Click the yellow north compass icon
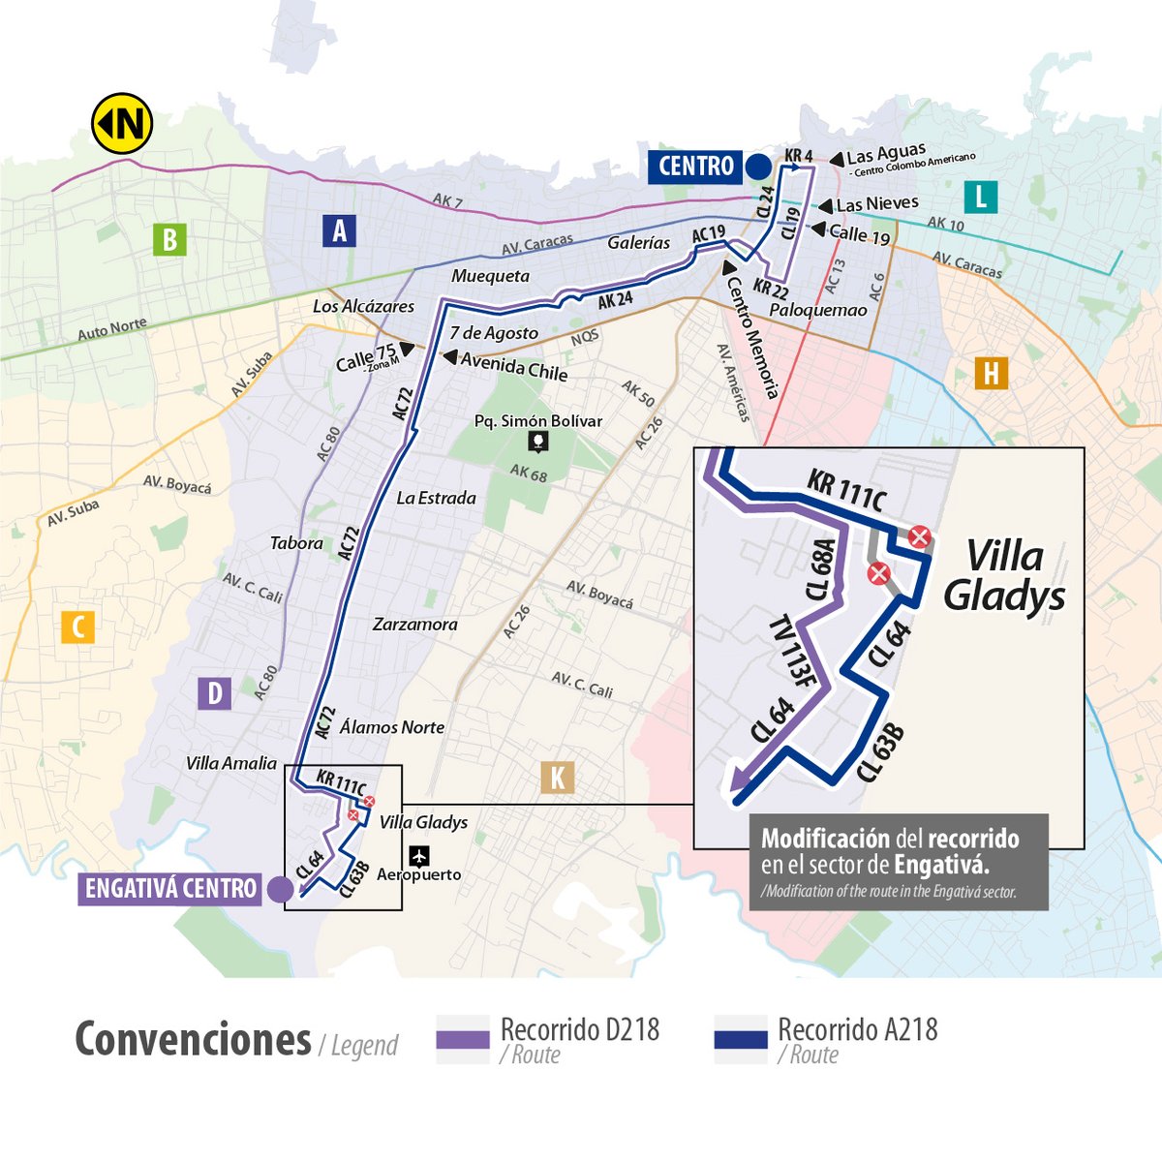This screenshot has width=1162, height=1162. click(122, 123)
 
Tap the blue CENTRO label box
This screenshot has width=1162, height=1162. click(695, 167)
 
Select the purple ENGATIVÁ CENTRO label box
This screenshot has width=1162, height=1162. click(170, 889)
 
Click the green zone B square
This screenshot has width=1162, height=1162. click(169, 239)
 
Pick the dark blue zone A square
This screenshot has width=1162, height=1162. click(339, 231)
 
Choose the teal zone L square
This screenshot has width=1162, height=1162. click(980, 198)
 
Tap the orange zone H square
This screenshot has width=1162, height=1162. click(991, 373)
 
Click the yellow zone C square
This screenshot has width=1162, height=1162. click(77, 627)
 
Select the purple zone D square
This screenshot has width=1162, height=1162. click(215, 693)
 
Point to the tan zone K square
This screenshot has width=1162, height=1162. click(558, 778)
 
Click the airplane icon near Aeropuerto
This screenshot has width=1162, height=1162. click(419, 856)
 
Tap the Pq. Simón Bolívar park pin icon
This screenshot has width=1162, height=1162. click(538, 443)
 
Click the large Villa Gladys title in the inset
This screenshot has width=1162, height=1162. click(1004, 577)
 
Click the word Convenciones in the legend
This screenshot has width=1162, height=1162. click(193, 1040)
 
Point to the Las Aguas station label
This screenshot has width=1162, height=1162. click(885, 155)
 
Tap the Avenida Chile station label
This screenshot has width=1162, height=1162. click(513, 365)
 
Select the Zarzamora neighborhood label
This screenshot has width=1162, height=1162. click(414, 625)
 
